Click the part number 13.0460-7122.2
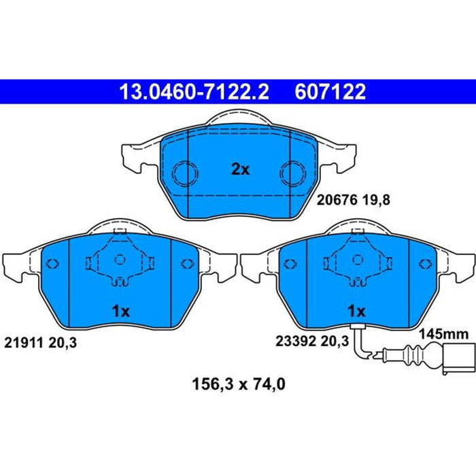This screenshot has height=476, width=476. pos(194,92)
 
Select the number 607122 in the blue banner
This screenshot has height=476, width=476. pos(330,92)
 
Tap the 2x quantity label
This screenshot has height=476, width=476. pos(240,169)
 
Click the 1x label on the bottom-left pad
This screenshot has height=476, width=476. pos(121,311)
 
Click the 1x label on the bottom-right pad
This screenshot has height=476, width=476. pos(357,311)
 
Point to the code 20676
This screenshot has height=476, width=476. pos(337,200)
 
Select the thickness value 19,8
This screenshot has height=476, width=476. pos(376,201)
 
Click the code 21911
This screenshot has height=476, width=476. pos(24,343)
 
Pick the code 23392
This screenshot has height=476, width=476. pos(296,341)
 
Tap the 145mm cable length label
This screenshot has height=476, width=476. pos(444,335)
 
